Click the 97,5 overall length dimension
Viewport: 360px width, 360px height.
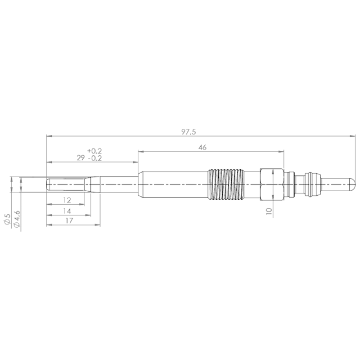[x=189, y=132]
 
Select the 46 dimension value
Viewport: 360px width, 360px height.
[x=202, y=148]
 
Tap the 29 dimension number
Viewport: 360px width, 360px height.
[x=81, y=158]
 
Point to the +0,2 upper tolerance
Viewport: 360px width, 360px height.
[x=94, y=151]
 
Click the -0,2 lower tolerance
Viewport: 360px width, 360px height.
[x=95, y=158]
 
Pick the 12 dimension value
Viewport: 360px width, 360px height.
[x=67, y=200]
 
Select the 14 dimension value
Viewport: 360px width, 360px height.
[x=67, y=211]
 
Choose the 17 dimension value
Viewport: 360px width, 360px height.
[x=69, y=220]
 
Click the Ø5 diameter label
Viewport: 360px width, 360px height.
[x=7, y=219]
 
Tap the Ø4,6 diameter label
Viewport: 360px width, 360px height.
[x=17, y=219]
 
